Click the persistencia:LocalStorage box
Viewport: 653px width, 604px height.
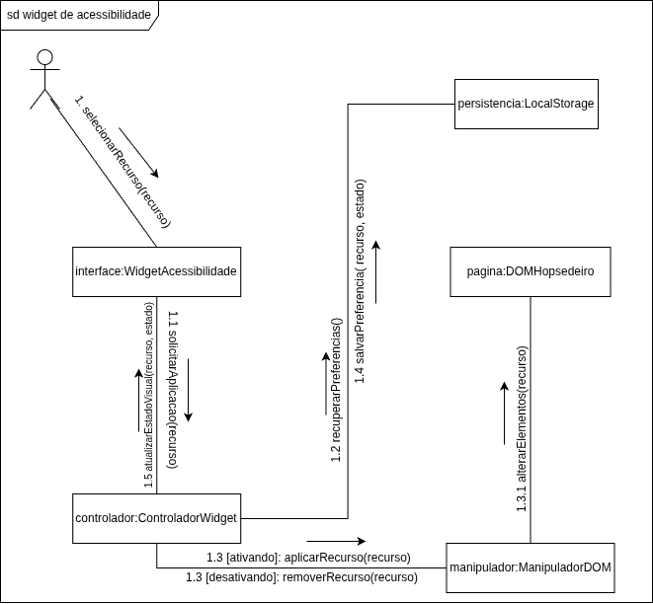point(525,104)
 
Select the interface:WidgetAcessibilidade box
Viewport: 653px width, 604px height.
point(156,270)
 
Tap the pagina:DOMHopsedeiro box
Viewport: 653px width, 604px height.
point(531,270)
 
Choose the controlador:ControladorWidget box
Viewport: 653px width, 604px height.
point(156,517)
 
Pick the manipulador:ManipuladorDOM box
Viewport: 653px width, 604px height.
point(531,567)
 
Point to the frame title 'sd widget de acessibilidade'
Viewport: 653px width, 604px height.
point(79,15)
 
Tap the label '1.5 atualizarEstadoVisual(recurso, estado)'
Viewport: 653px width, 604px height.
point(149,400)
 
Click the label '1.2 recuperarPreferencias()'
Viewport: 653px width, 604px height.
point(337,391)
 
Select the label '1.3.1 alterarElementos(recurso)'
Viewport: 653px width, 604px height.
point(522,428)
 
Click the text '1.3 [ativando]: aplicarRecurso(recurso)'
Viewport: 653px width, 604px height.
point(308,558)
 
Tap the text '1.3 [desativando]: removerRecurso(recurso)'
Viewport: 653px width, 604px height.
point(301,576)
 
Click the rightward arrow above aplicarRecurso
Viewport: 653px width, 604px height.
point(336,541)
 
